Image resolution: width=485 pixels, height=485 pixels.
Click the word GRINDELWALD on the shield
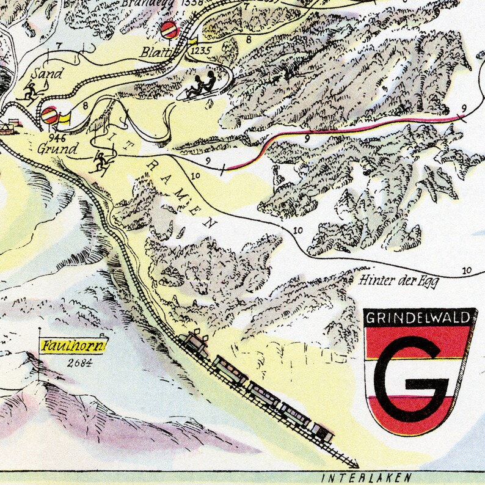click(419, 317)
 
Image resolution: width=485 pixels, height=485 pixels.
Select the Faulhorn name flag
click(74, 345)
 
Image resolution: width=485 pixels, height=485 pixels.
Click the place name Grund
click(57, 148)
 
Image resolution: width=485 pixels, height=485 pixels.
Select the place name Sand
click(49, 74)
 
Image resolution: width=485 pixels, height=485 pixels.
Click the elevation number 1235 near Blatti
click(200, 51)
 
